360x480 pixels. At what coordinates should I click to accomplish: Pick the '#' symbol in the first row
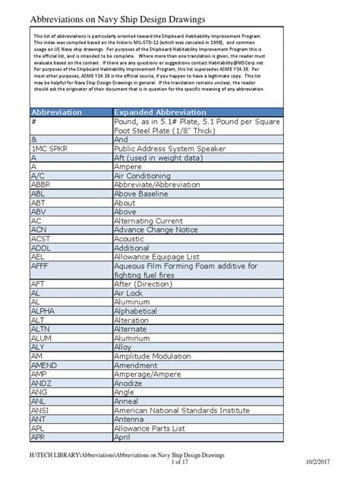(34, 122)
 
